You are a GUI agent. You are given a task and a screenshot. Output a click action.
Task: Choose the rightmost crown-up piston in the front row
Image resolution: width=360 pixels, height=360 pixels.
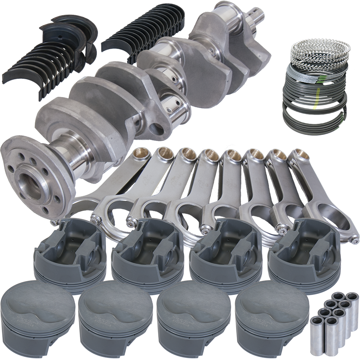pyautogui.click(x=272, y=316)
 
